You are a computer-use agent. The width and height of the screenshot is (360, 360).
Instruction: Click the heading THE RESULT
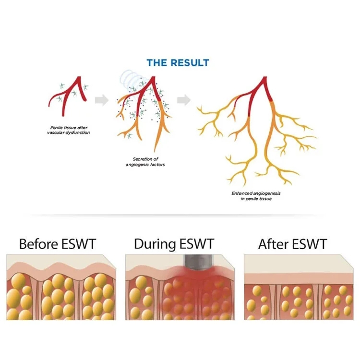(x=178, y=63)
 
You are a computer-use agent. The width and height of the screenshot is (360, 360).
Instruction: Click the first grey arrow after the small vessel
(x=100, y=100)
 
